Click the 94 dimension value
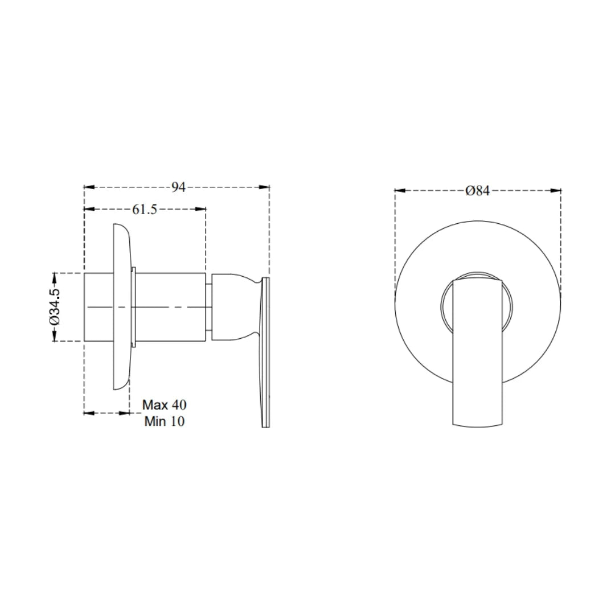click(x=179, y=187)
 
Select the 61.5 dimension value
click(x=145, y=209)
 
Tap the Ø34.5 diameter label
click(x=55, y=307)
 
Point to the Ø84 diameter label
click(x=477, y=191)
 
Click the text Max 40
click(x=164, y=405)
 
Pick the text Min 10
click(x=164, y=422)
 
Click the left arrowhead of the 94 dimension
click(x=88, y=187)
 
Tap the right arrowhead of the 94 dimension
click(x=265, y=187)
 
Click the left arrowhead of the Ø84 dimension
click(x=399, y=191)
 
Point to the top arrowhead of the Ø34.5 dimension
click(x=55, y=277)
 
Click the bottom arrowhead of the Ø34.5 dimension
click(x=55, y=337)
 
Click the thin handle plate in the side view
click(x=265, y=353)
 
